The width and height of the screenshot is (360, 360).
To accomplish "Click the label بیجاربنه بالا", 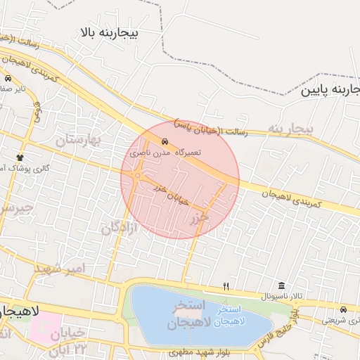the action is coord(110,32).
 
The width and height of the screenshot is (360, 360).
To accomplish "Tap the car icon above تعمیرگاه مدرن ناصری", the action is coord(165,141).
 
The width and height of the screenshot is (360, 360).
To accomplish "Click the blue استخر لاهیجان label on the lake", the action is coord(231,315).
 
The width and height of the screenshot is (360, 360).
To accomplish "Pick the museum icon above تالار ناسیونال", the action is coord(282,285).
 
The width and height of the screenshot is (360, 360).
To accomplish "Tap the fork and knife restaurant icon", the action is coord(226,286).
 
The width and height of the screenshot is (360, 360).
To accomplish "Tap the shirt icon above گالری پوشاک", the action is coord(20,157).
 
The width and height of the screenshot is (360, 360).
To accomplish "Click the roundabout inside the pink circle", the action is coord(138,176).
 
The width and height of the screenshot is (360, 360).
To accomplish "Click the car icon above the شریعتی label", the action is coord(343,309).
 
